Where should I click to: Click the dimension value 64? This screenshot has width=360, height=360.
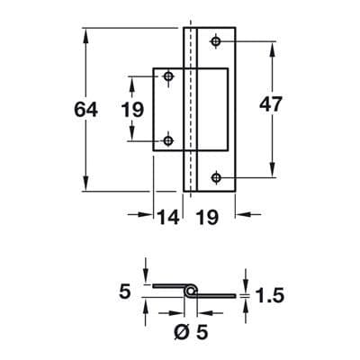click(85, 110)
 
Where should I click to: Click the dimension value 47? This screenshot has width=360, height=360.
click(271, 104)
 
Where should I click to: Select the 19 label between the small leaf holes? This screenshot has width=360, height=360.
click(132, 110)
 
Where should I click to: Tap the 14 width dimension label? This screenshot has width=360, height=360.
click(168, 217)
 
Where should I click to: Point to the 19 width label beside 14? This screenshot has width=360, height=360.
click(207, 217)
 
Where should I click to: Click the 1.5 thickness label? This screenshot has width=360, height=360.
click(269, 295)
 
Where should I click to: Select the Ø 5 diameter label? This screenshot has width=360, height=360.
click(191, 332)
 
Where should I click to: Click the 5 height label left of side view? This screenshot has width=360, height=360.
click(125, 292)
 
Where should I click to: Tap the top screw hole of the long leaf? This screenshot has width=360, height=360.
click(216, 41)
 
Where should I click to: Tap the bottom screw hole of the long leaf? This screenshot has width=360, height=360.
click(216, 177)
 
